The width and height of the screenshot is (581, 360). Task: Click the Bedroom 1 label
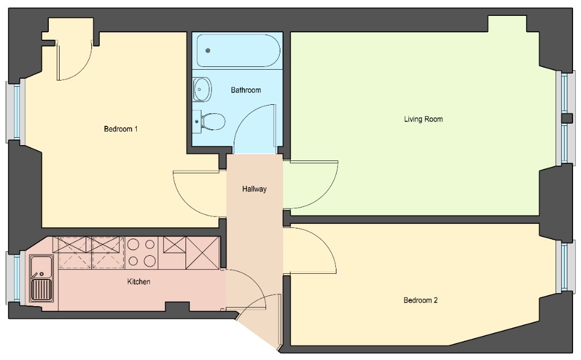121,129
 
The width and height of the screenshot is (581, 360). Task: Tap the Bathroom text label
246,90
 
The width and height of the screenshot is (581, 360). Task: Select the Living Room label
423,119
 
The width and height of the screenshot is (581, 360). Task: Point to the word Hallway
254,189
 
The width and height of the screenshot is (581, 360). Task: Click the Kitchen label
138,282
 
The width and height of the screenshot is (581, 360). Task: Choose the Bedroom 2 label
420,300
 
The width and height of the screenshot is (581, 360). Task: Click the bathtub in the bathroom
238,51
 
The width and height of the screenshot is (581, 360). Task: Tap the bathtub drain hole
208,51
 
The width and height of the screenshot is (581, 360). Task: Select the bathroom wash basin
202,89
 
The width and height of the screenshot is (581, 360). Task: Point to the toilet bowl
213,121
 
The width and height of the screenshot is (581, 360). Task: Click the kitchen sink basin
41,265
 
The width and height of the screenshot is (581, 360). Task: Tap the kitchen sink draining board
41,290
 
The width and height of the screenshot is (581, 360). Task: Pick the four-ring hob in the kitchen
142,253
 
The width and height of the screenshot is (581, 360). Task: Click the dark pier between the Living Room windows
567,118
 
